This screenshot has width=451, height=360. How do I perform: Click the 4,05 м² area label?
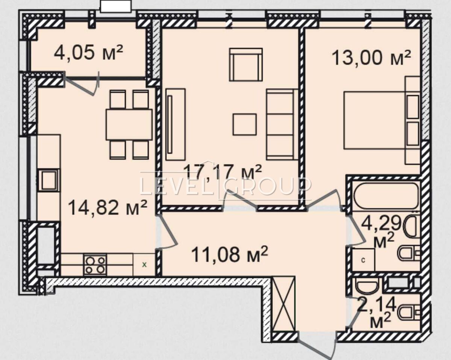(88, 53)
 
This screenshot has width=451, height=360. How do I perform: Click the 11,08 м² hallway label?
(230, 255)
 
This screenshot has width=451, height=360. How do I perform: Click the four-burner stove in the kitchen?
(95, 265)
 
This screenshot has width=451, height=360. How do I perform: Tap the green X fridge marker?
(144, 265)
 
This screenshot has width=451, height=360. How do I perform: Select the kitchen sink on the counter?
(49, 180)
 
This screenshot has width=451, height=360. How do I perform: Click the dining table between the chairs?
(129, 124)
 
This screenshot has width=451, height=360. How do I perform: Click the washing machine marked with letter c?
(363, 260)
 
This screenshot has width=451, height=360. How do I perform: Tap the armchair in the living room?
(246, 64)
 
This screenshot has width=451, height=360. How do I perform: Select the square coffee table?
(245, 124)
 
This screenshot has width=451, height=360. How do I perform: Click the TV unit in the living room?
(176, 124)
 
